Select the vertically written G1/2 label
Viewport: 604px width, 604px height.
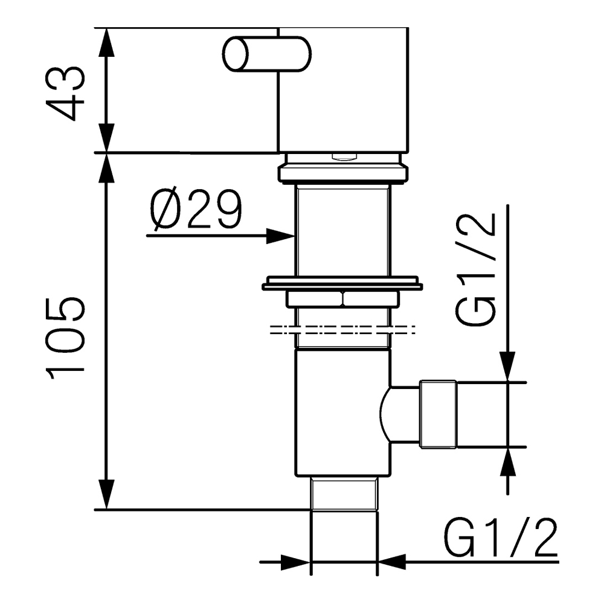tap(480, 269)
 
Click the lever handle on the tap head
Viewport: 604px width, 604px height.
tap(266, 54)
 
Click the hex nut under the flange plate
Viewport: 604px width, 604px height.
tap(342, 299)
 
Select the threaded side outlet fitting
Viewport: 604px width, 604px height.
tap(438, 414)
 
